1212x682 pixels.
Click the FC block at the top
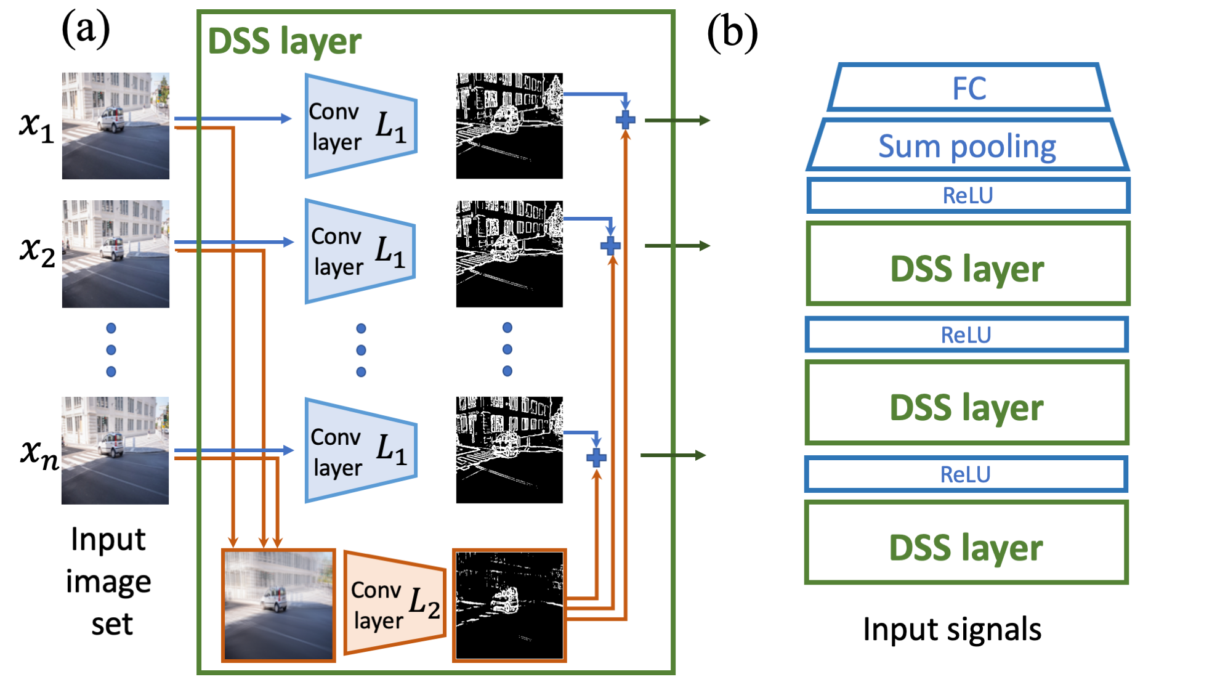[969, 87]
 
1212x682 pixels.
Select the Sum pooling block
[968, 145]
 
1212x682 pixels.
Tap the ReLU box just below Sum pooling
[968, 195]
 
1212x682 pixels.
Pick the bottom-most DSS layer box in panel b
[966, 543]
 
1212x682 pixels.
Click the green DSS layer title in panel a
[285, 41]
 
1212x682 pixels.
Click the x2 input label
[37, 251]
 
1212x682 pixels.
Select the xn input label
[39, 455]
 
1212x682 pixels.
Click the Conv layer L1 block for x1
[361, 126]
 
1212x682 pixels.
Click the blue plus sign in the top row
[625, 120]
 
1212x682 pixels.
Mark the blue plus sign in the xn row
[596, 458]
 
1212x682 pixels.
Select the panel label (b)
[732, 32]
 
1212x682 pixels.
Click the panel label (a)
[86, 29]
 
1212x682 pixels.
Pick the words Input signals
[952, 630]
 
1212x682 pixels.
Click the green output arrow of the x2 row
[677, 246]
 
